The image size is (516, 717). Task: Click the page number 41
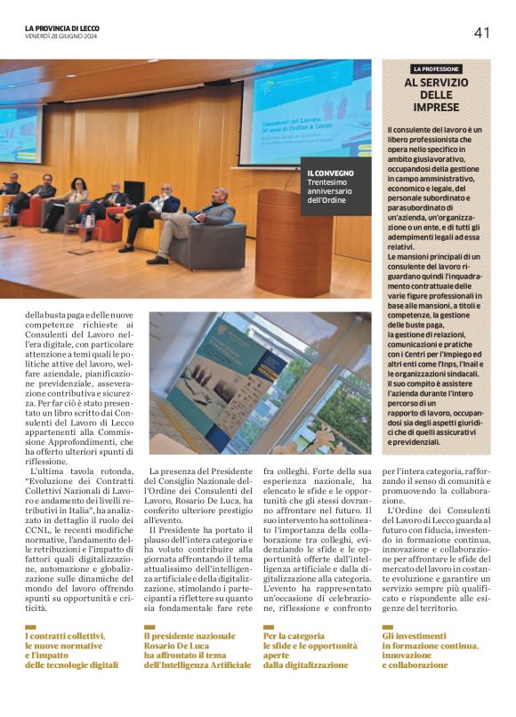coord(481,33)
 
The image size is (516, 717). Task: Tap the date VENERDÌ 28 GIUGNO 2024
coord(60,36)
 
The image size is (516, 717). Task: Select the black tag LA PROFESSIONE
coord(436,68)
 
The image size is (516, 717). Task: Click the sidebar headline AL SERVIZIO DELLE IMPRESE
coord(436,95)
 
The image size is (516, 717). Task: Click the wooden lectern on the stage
coord(293,242)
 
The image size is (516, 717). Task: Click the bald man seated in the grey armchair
coord(210,222)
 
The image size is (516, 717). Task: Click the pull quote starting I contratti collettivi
coord(71,650)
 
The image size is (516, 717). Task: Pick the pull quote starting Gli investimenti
coord(431,650)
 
